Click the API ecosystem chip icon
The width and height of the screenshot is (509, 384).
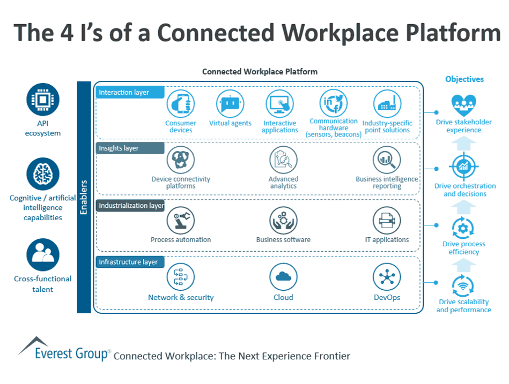pos(43,100)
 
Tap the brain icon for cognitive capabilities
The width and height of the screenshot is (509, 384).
pos(43,174)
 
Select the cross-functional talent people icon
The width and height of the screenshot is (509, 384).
pos(43,254)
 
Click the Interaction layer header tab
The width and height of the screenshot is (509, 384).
pos(130,92)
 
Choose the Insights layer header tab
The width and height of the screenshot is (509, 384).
pos(130,148)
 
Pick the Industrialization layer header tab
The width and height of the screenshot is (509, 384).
pos(130,206)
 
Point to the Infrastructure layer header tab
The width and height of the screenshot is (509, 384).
pos(130,262)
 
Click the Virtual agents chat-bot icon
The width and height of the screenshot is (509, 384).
pos(230,103)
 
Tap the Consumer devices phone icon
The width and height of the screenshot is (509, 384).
pos(181,103)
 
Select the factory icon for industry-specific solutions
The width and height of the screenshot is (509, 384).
pos(387,103)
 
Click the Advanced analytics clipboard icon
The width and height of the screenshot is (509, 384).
pos(283,160)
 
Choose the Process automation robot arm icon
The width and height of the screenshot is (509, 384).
pos(181,220)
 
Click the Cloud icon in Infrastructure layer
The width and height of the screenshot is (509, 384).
pos(283,277)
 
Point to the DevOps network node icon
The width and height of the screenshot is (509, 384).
pos(387,277)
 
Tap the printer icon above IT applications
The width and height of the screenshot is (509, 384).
pos(387,220)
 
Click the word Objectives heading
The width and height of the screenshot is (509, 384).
pos(464,79)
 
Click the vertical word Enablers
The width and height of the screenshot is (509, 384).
pos(84,197)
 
